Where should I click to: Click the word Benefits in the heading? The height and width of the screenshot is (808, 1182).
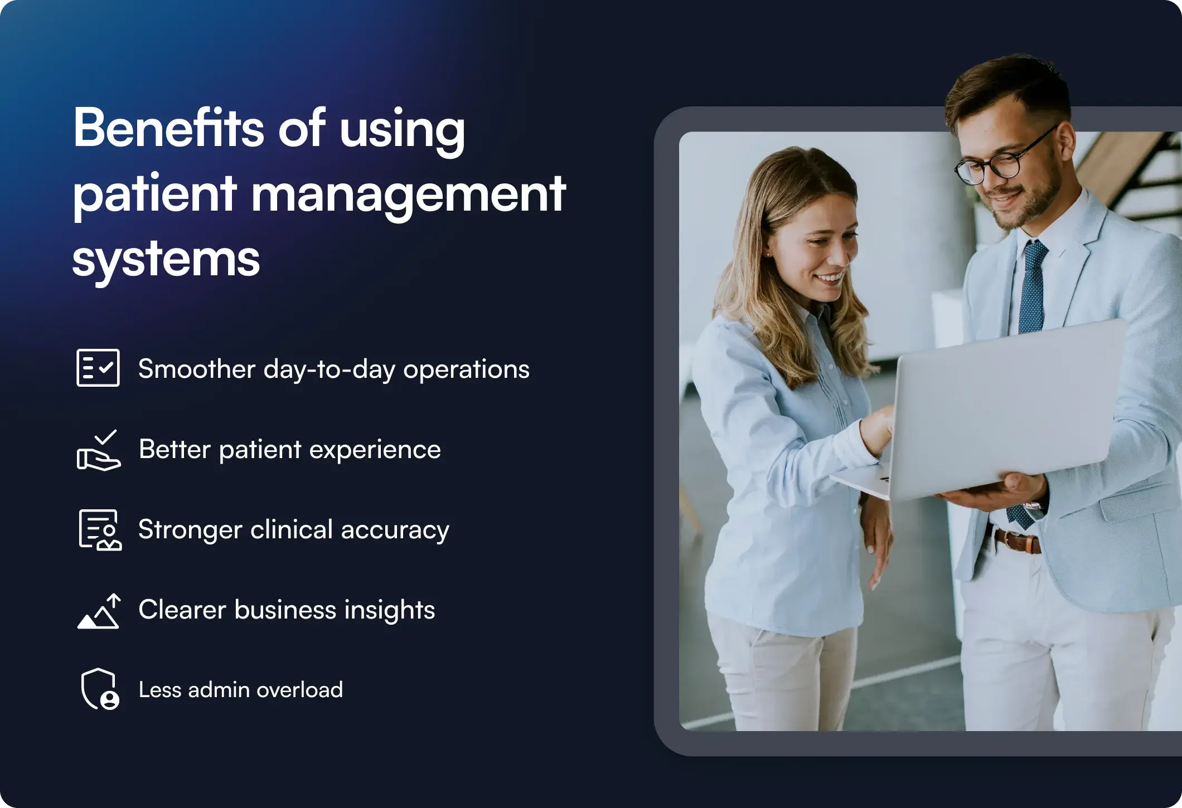tap(168, 128)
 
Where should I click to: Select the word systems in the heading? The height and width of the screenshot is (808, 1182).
tap(166, 259)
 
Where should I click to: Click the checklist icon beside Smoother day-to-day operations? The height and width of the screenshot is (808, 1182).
tap(98, 368)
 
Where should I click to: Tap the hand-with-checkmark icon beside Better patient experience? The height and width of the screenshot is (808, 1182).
tap(99, 450)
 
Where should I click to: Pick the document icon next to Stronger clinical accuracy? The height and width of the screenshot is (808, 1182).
tap(100, 530)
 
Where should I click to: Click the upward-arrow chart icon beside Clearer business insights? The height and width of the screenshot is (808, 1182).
tap(99, 611)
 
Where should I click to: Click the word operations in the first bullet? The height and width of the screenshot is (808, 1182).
tap(466, 369)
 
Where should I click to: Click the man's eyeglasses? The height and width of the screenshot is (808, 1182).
tap(1004, 162)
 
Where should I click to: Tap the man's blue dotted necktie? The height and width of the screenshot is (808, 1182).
tap(1031, 290)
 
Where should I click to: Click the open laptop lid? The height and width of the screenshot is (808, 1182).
tap(1004, 407)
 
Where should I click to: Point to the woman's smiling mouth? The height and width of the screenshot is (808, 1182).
tap(830, 277)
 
